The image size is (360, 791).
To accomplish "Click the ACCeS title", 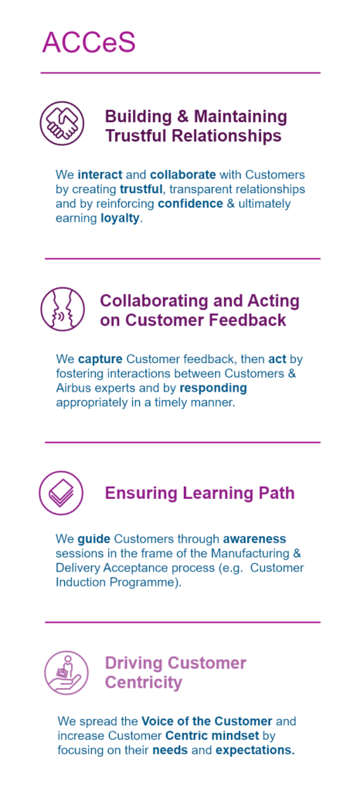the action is [89, 42].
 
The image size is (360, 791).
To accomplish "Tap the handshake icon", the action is [62, 124].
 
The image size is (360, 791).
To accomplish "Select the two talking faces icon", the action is [62, 309].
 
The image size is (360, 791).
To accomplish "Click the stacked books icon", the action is [61, 493].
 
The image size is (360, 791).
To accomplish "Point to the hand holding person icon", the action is [66, 673].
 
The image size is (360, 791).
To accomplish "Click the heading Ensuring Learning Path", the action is [199, 493].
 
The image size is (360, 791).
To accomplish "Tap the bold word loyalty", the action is [120, 219].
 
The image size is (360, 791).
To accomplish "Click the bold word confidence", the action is [190, 204].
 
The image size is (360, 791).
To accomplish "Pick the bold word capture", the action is [100, 360].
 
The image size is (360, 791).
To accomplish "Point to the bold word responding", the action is [213, 389].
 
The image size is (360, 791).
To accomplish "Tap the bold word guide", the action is [90, 538].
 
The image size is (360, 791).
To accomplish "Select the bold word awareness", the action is [255, 538].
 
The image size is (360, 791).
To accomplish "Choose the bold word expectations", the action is [255, 750].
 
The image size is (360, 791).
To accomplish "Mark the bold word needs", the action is [170, 750].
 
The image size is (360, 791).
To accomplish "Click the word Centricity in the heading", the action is [143, 683].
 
